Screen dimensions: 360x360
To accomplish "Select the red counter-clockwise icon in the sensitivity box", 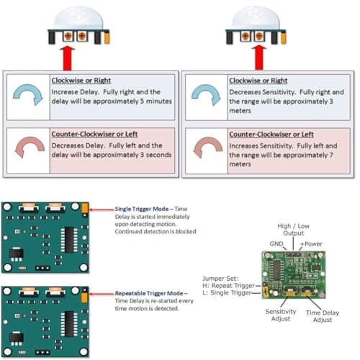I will point(206,148).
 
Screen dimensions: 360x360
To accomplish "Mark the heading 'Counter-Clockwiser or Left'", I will point(91,135).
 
